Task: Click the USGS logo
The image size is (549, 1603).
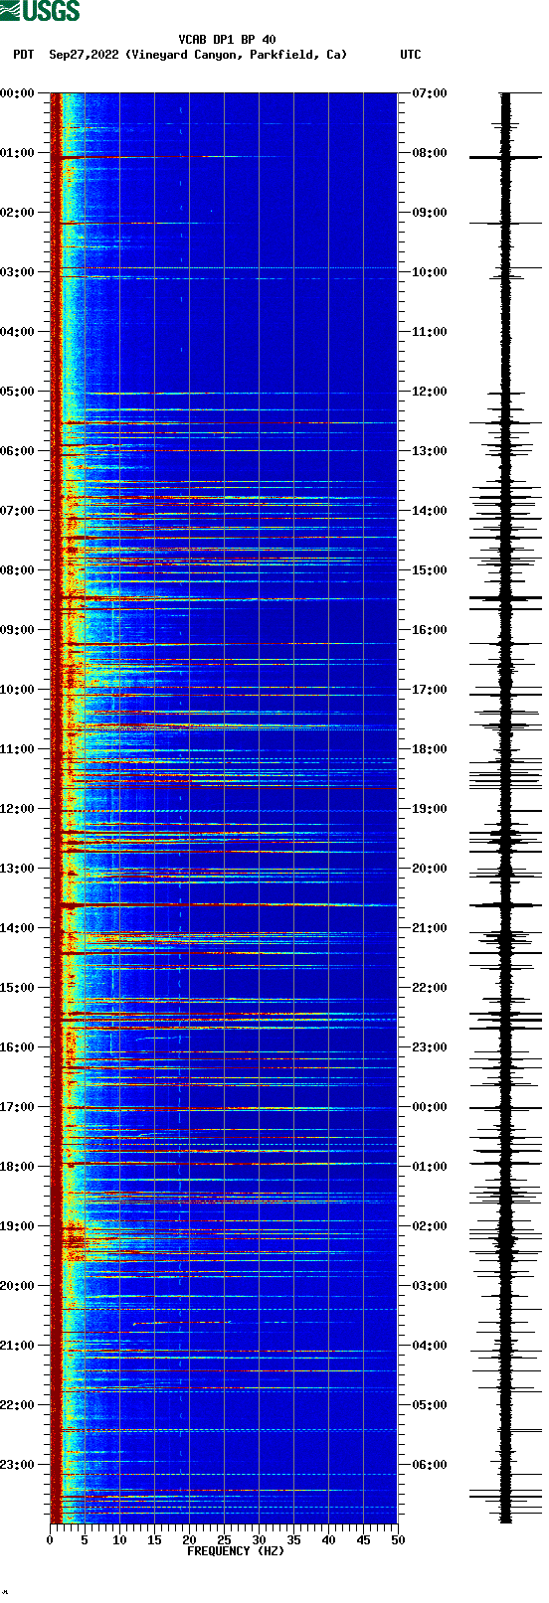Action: pos(40,11)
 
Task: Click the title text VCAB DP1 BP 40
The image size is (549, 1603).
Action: pos(227,40)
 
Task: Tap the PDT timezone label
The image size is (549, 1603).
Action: pos(23,55)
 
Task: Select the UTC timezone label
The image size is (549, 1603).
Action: pos(410,55)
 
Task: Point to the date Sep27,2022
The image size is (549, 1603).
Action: pos(84,55)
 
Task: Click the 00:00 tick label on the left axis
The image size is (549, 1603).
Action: pos(18,93)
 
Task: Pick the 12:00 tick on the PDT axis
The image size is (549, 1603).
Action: pos(18,809)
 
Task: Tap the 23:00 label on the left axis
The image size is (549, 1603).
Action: pos(18,1465)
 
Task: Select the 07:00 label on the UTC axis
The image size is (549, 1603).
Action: pos(430,93)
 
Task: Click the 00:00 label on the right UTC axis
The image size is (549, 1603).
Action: pos(430,1107)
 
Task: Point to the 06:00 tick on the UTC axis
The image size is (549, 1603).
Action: pos(430,1465)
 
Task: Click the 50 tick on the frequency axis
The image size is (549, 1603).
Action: pos(398,1540)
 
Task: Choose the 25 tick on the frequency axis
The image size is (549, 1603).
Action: pos(224,1540)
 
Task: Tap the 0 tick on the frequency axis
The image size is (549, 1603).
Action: pos(50,1540)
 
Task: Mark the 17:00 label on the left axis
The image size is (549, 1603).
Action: pos(18,1107)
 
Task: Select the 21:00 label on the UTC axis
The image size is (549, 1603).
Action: pos(430,928)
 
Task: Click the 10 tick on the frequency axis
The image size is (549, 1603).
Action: pos(119,1540)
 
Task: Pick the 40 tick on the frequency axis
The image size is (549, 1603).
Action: pos(328,1540)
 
